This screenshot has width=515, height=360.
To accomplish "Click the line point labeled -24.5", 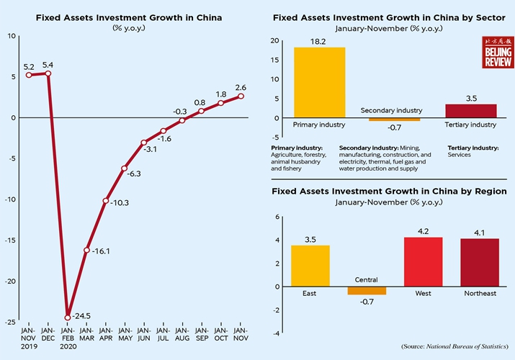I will pos(68,317).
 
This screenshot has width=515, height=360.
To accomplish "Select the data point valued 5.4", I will pos(48,73).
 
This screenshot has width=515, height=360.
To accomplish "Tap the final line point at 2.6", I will pos(241,96).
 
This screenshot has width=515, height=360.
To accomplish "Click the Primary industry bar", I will pos(319,82).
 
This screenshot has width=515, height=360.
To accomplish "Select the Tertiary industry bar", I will pos(470,111).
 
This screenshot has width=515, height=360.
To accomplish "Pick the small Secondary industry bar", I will pos(390,120).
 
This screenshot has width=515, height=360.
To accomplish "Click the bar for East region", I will pos(310,266).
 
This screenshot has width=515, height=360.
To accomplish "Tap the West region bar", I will pos(423,261).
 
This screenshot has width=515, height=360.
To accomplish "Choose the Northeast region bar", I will pos(479,262).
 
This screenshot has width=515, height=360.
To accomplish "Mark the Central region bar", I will pos(367,290).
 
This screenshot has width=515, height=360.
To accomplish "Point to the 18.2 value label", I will pos(320,42).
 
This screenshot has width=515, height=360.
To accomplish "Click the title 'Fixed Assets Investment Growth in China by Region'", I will pos(388,191).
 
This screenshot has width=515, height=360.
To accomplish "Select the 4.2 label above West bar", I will pos(423,232).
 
